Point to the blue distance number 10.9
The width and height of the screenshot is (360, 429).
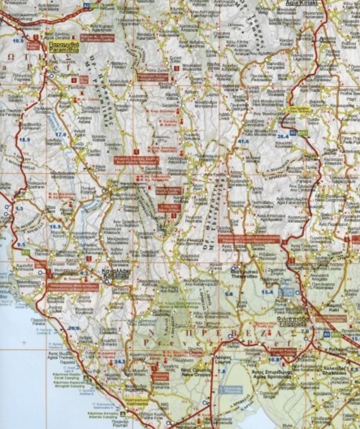[18, 41]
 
